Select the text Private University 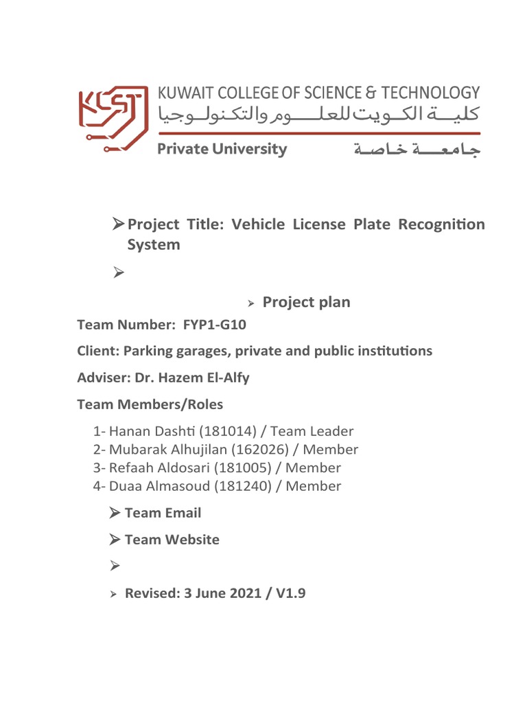click(x=222, y=149)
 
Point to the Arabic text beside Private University click(x=417, y=150)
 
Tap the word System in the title click(x=154, y=244)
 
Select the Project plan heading click(x=306, y=302)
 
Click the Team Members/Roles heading click(x=150, y=404)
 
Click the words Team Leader click(x=320, y=432)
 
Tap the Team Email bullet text click(x=163, y=513)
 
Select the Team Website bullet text click(x=172, y=540)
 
